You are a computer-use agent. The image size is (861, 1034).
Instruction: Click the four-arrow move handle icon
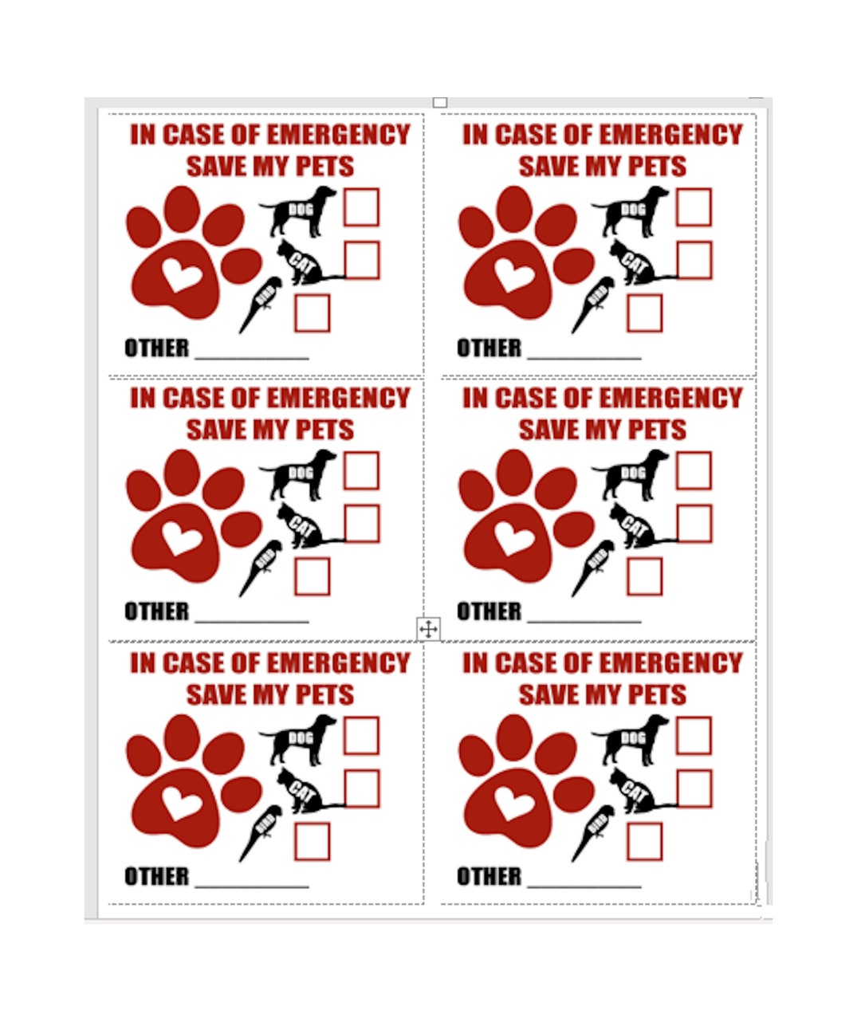(x=428, y=629)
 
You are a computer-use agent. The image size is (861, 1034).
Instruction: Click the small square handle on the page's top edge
(x=439, y=102)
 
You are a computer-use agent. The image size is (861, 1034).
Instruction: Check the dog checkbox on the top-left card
(x=361, y=207)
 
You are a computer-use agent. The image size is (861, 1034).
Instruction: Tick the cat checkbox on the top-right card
(x=694, y=260)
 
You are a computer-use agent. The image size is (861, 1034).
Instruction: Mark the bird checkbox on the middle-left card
(x=312, y=576)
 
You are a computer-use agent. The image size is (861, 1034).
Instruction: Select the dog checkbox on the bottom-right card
(x=694, y=735)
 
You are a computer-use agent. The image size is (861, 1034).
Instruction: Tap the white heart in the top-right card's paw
(x=514, y=275)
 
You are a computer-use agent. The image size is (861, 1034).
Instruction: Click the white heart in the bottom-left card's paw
(x=182, y=803)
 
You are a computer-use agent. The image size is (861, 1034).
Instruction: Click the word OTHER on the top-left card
(x=157, y=348)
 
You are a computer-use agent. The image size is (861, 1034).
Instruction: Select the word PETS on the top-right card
(x=657, y=167)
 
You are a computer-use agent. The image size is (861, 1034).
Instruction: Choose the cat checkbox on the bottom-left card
(x=361, y=788)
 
